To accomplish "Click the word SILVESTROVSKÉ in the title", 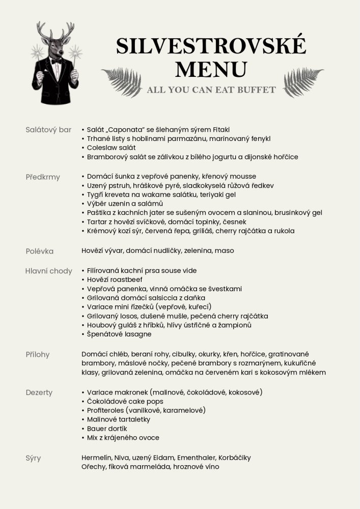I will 211,46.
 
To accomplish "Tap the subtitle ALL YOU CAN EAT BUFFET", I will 211,90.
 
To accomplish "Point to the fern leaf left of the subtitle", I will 122,81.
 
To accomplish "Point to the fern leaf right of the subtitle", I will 303,81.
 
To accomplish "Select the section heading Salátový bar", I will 48,130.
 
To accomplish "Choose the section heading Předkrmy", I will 43,177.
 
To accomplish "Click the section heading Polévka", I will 40,251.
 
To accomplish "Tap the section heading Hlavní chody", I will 49,271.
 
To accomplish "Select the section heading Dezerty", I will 39,392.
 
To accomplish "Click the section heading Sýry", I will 33,458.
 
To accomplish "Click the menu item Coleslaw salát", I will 111,148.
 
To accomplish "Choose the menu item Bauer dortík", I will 107,429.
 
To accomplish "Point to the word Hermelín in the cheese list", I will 96,458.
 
